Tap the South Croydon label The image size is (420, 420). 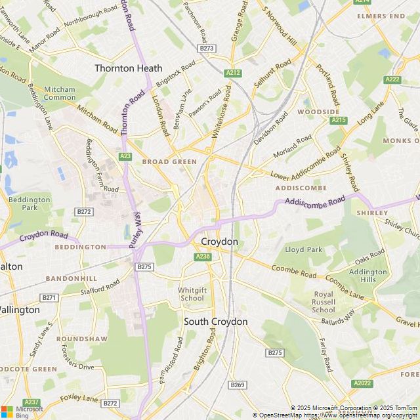pyautogui.click(x=215, y=322)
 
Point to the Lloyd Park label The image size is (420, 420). pyautogui.click(x=304, y=249)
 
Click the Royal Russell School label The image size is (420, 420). pyautogui.click(x=324, y=302)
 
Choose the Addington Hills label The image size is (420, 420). pyautogui.click(x=367, y=276)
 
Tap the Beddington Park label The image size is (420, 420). pyautogui.click(x=30, y=203)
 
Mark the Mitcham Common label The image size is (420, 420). pyautogui.click(x=60, y=93)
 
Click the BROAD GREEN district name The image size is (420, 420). pyautogui.click(x=169, y=161)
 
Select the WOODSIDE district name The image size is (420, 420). pyautogui.click(x=318, y=112)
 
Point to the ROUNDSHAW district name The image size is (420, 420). pyautogui.click(x=81, y=339)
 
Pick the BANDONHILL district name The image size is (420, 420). pyautogui.click(x=71, y=278)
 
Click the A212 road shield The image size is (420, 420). pyautogui.click(x=232, y=73)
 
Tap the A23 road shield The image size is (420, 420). pyautogui.click(x=125, y=156)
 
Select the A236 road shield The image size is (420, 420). pyautogui.click(x=203, y=257)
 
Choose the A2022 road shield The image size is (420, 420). pyautogui.click(x=362, y=383)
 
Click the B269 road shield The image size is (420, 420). pyautogui.click(x=237, y=385)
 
